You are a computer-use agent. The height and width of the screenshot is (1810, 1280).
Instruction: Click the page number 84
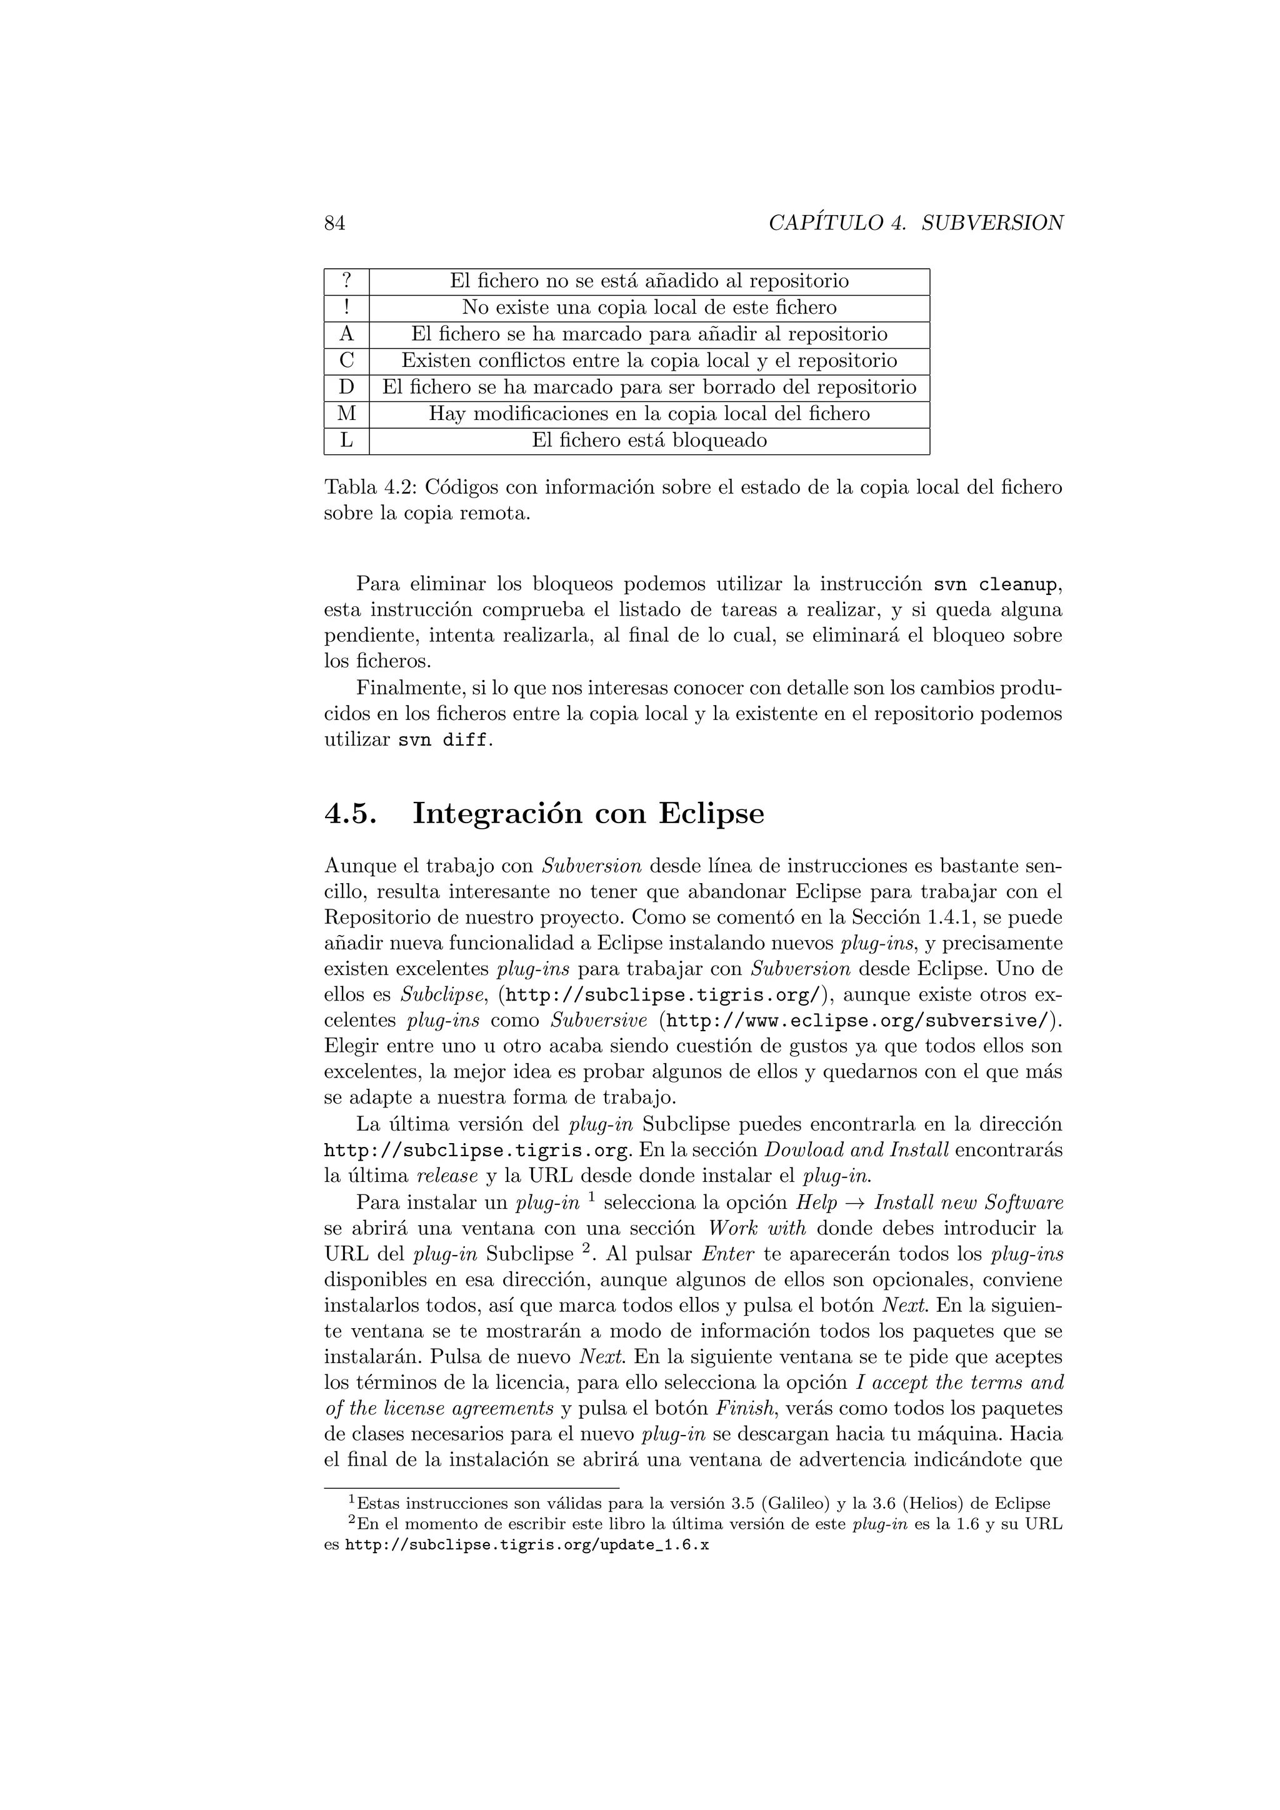click(x=335, y=223)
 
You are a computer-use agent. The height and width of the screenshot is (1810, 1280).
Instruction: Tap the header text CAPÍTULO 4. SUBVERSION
click(x=916, y=223)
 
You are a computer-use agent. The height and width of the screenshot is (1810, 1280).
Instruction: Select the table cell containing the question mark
click(x=346, y=281)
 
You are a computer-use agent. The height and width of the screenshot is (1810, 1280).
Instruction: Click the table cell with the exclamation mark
click(x=346, y=307)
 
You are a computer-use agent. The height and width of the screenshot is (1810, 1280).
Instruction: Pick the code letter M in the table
click(x=346, y=414)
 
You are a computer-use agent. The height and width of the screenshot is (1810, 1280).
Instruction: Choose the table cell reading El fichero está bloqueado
click(x=649, y=441)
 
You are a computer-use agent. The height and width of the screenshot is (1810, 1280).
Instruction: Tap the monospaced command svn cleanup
click(x=994, y=585)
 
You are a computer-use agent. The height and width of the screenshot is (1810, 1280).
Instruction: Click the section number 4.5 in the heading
click(x=350, y=814)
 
